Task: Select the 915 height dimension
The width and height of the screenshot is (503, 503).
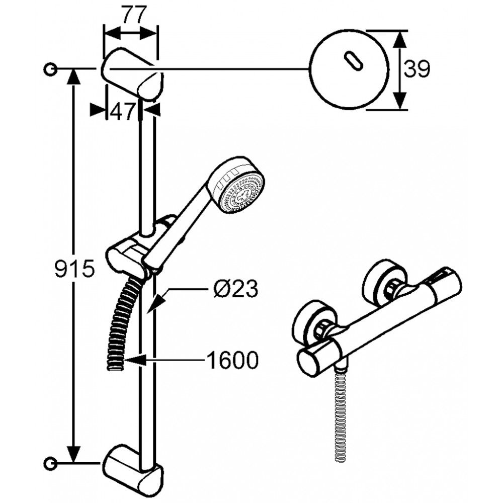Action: (74, 268)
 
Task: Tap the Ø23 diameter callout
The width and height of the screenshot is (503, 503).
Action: (235, 288)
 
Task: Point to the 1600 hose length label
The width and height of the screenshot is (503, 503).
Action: (233, 360)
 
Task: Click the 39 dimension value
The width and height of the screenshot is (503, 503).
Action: (416, 69)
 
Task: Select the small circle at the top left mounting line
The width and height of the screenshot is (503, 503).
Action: (51, 69)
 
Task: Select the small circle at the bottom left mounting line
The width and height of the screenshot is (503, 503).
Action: (51, 463)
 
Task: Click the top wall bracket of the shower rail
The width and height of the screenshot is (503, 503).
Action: (132, 74)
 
